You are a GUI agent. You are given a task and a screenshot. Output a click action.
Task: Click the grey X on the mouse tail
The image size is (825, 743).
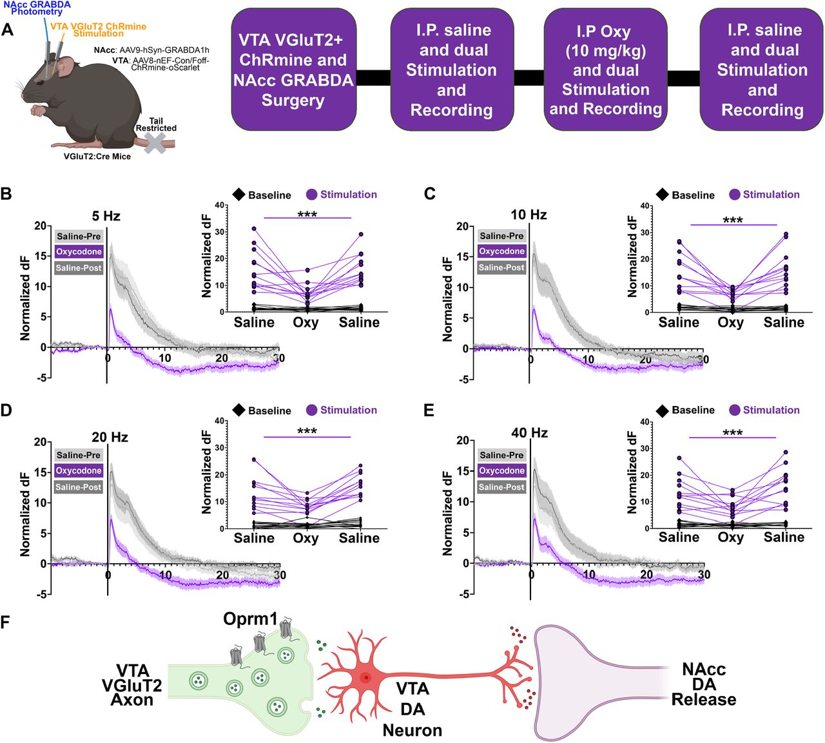[155, 143]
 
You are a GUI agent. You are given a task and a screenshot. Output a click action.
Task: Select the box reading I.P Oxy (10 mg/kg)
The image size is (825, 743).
[605, 70]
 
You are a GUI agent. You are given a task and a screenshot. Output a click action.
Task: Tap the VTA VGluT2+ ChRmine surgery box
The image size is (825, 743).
[293, 70]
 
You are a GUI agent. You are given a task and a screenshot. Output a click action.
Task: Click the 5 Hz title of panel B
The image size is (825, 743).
[106, 216]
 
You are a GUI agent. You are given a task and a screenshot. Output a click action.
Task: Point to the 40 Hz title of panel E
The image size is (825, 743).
[529, 432]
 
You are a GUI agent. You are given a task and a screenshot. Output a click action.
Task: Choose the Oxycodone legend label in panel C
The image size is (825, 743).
[501, 251]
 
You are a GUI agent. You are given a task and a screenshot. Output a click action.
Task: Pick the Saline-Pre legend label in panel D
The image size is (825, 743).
[79, 455]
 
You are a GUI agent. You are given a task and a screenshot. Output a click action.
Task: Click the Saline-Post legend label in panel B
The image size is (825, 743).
[79, 268]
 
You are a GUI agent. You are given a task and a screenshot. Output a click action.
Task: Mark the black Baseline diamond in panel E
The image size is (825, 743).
[661, 410]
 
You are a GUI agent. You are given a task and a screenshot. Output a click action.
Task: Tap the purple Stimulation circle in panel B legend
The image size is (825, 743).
[312, 195]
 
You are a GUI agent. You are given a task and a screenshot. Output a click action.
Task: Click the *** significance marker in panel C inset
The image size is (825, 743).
[733, 220]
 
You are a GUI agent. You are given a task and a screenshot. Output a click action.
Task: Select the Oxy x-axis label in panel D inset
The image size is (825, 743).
[306, 538]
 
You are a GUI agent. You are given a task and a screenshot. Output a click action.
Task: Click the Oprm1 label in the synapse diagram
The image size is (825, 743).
[250, 619]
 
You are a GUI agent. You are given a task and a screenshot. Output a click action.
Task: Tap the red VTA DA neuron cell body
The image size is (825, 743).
[365, 677]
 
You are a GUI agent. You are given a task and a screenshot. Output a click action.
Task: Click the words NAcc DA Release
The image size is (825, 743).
[704, 684]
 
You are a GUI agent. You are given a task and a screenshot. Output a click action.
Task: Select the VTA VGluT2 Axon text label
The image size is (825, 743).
[132, 686]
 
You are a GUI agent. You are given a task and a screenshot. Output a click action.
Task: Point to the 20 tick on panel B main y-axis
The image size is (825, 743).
[41, 226]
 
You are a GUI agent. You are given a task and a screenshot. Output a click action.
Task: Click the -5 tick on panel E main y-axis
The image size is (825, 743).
[463, 594]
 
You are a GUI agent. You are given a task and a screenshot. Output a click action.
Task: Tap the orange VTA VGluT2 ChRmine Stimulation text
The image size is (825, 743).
[99, 30]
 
